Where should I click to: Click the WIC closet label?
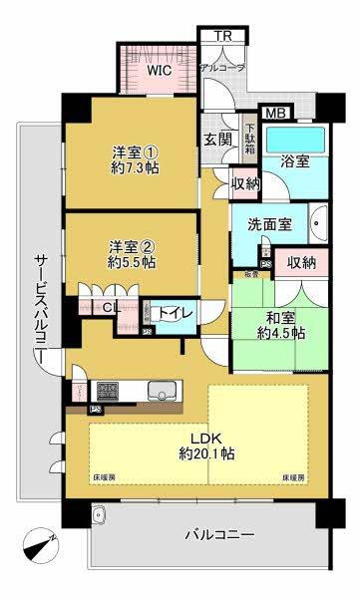(160, 71)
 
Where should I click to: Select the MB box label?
(274, 114)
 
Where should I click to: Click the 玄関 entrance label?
(219, 139)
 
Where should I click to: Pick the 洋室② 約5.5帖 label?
(131, 254)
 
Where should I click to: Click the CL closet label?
(113, 308)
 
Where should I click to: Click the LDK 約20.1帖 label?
(206, 443)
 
